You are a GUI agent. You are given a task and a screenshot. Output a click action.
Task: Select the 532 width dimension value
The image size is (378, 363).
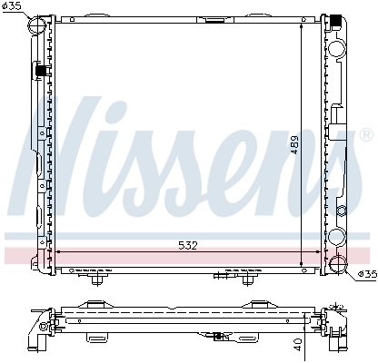click(186, 245)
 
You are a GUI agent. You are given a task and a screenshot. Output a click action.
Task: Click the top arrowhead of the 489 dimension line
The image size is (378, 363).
click(302, 25)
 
